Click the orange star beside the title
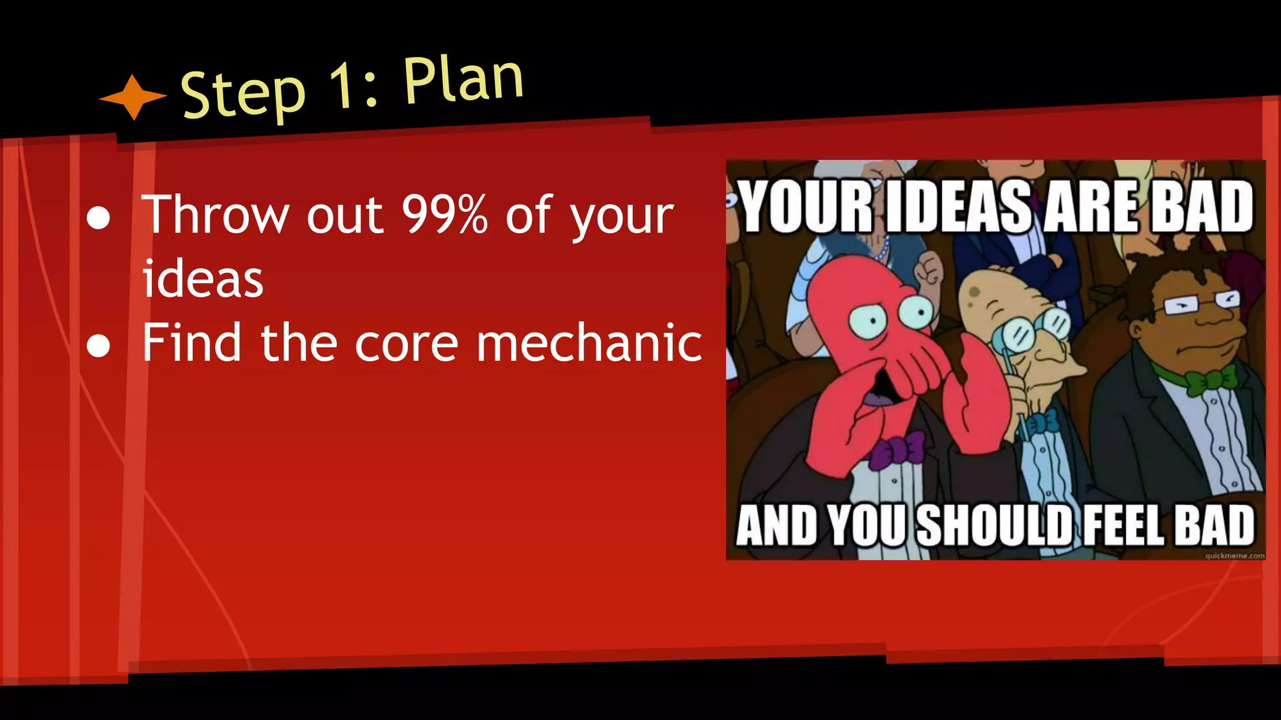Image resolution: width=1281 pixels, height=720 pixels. [133, 97]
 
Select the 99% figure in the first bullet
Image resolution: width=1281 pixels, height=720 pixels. [444, 214]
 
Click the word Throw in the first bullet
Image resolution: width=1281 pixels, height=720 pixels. [215, 214]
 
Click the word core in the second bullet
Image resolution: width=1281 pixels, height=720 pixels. [407, 343]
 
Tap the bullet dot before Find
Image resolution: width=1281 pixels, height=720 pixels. [98, 346]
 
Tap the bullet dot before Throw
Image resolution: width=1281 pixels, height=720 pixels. [98, 218]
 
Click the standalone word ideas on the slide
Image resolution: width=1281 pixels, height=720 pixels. [203, 279]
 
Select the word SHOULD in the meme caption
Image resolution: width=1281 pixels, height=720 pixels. [995, 525]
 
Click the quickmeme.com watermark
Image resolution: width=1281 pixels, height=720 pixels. [1235, 556]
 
